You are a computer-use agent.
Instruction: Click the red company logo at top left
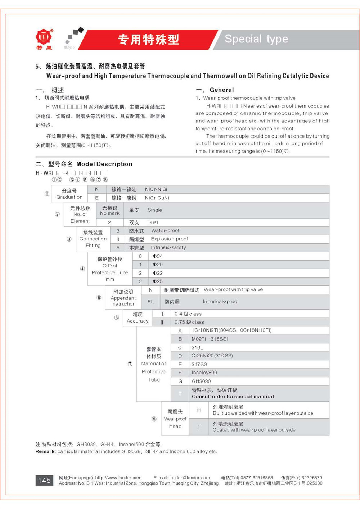[44, 37]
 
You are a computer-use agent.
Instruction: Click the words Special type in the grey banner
[256, 39]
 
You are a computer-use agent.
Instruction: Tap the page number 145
[44, 480]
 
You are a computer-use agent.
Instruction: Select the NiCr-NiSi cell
[156, 189]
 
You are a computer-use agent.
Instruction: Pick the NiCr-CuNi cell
[157, 198]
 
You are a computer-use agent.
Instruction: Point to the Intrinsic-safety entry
[168, 248]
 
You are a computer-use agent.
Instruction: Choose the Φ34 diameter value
[158, 256]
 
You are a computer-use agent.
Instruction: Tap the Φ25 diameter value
[158, 281]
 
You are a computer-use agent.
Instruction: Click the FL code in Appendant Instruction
[150, 302]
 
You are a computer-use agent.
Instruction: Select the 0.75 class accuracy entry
[189, 322]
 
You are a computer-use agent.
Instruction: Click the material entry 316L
[197, 347]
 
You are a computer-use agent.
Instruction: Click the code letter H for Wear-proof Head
[199, 410]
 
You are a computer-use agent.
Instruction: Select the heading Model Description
[104, 164]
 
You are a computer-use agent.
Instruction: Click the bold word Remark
[45, 451]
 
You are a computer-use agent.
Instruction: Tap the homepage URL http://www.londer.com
[118, 478]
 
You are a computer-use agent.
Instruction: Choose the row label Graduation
[69, 197]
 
